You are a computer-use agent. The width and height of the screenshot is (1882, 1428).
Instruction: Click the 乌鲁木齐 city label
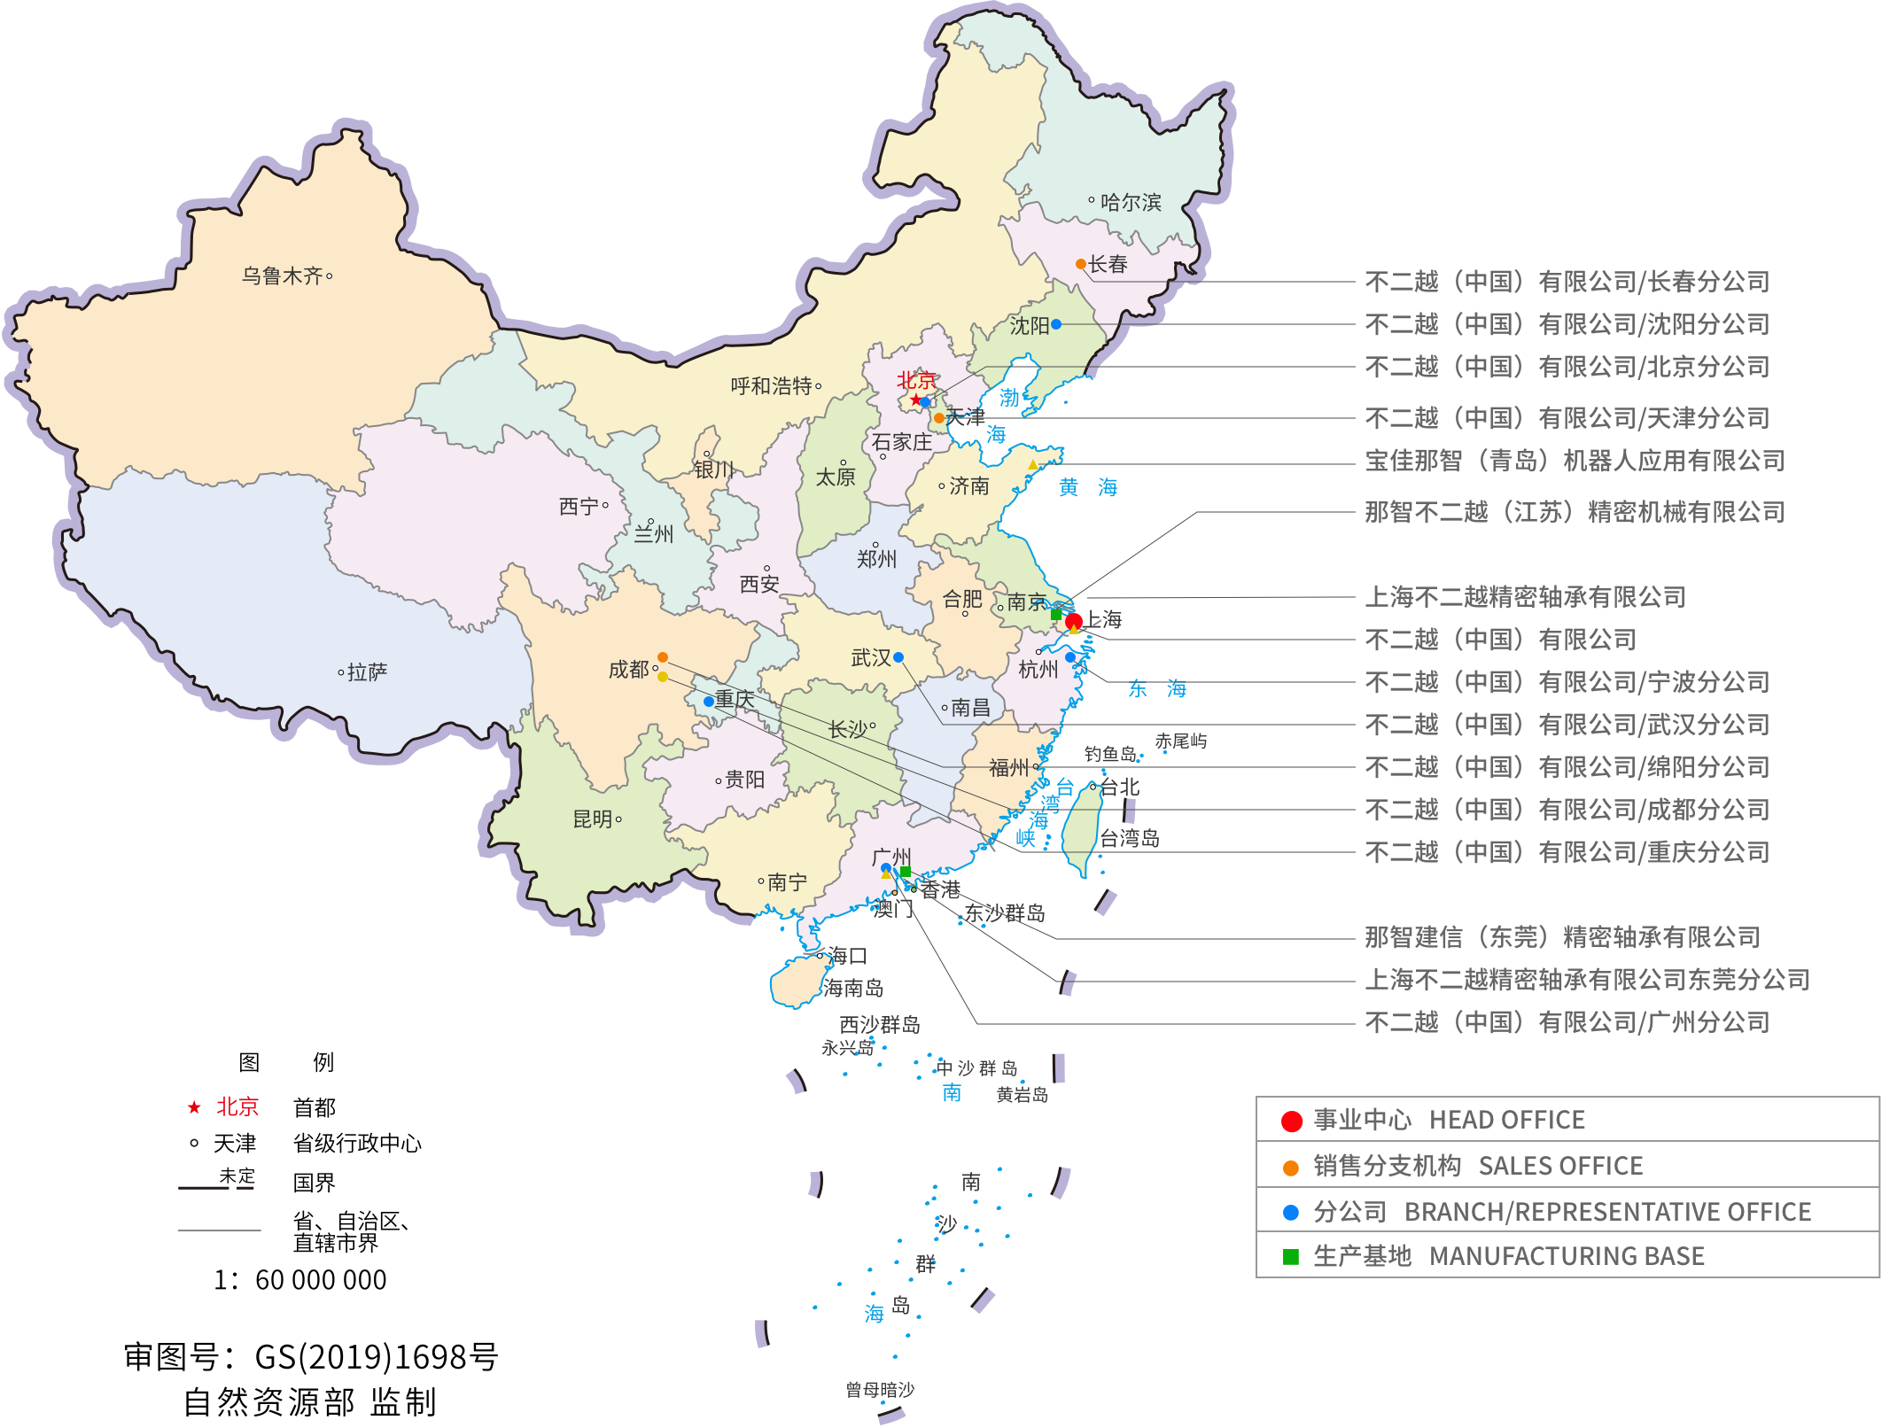pos(283,276)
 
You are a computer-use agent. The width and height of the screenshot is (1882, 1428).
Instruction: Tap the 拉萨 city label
pos(367,672)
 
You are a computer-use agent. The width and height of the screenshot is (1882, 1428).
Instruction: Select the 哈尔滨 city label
pos(1130,202)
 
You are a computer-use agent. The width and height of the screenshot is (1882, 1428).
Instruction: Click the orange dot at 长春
pos(1081,264)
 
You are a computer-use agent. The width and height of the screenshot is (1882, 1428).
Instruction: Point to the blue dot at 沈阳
pos(1056,324)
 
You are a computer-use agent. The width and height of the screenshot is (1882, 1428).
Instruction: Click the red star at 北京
pos(915,400)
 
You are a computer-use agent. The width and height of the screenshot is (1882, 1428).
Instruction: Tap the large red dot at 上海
pos(1074,620)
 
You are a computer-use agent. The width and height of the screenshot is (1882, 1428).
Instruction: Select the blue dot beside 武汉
pos(898,657)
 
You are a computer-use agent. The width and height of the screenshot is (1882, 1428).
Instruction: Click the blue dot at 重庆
pos(709,702)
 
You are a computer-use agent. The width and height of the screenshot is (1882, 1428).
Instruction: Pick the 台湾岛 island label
pos(1130,838)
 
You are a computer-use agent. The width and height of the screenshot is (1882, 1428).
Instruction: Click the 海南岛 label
pos(852,988)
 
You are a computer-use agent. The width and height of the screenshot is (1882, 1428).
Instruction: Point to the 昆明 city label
pos(593,819)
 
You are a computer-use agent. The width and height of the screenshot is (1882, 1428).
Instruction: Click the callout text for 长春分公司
pos(1567,282)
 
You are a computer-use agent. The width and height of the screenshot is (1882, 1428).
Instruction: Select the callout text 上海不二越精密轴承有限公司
pos(1525,597)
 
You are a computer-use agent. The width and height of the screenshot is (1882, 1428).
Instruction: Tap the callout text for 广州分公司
pos(1567,1022)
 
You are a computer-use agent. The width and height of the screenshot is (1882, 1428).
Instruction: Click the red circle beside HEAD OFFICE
pos(1292,1121)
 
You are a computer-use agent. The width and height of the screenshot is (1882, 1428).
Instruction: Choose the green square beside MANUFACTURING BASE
pos(1291,1257)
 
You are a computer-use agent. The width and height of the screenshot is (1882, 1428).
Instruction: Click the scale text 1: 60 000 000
pos(300,1280)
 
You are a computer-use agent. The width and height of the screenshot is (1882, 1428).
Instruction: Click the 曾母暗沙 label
pos(879,1390)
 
